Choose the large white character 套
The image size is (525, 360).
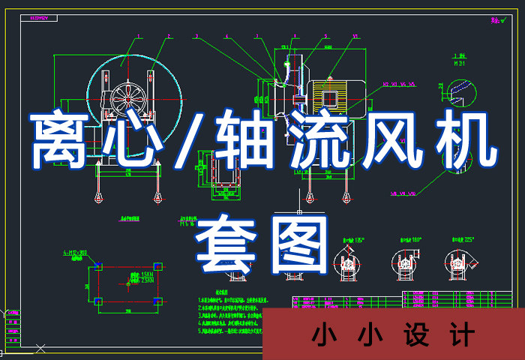[x=226, y=243]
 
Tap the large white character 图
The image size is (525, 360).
[x=298, y=243]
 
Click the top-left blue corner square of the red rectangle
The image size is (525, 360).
[x=98, y=265]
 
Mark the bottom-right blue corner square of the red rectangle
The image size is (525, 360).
[x=157, y=301]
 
